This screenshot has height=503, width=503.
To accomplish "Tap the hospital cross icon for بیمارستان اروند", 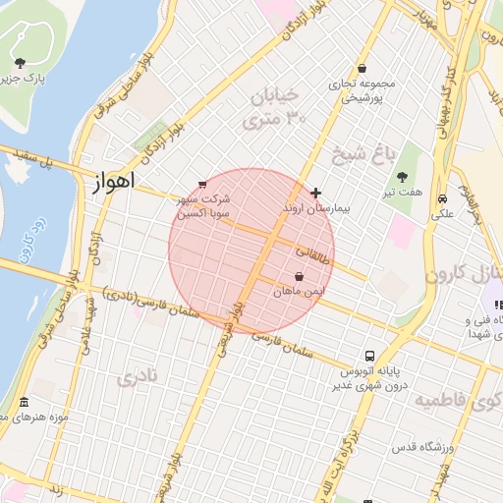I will pos(314,193).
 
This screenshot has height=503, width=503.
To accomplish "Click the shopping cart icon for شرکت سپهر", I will pos(202,184).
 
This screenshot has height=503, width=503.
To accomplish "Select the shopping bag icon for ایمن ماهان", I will pos(300,276).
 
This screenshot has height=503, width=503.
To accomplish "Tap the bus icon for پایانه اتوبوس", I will pos(369,356).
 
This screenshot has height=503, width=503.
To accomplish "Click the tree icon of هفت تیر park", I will pos(403,177).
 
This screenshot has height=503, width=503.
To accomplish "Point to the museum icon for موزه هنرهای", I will pos(24,403).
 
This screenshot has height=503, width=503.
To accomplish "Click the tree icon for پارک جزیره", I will pos(20,63).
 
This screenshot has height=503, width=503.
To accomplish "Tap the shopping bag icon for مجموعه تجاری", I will pos(363,68).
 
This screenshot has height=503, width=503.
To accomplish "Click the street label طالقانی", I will pos(311,252).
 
